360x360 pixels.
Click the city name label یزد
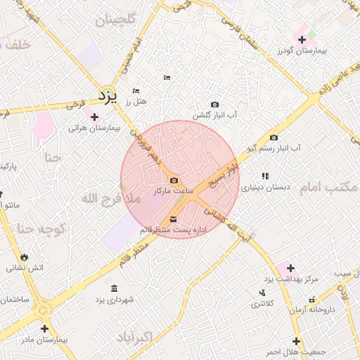(106, 94)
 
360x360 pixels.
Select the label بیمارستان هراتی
(95, 129)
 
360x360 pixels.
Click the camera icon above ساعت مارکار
(174, 180)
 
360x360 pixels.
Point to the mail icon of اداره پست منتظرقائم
(174, 219)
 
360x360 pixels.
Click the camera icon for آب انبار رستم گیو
(274, 137)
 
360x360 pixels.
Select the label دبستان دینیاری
(259, 188)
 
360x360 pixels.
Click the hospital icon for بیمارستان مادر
(45, 328)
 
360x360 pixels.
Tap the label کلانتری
(263, 304)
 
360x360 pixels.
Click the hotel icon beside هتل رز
(136, 91)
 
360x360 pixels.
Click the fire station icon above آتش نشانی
(26, 255)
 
